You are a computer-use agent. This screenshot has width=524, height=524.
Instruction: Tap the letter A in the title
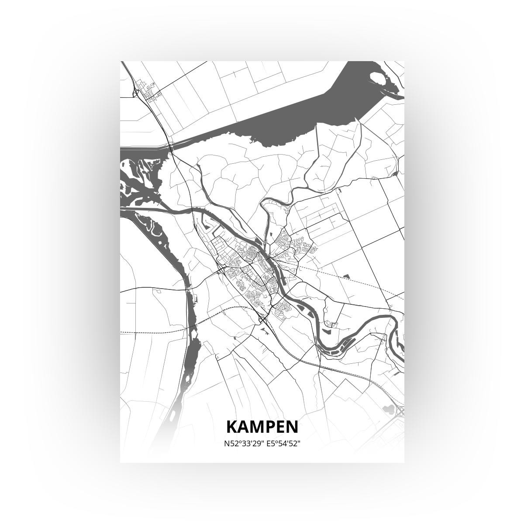(245, 427)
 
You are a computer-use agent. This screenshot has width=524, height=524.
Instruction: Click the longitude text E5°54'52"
(282, 444)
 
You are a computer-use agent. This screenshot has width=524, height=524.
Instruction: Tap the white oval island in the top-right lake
(378, 79)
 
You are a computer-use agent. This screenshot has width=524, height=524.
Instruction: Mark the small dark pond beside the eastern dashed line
(347, 276)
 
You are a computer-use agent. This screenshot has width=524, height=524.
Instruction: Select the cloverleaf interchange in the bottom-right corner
(400, 411)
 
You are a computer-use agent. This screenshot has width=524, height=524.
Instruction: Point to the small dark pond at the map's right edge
(395, 174)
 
